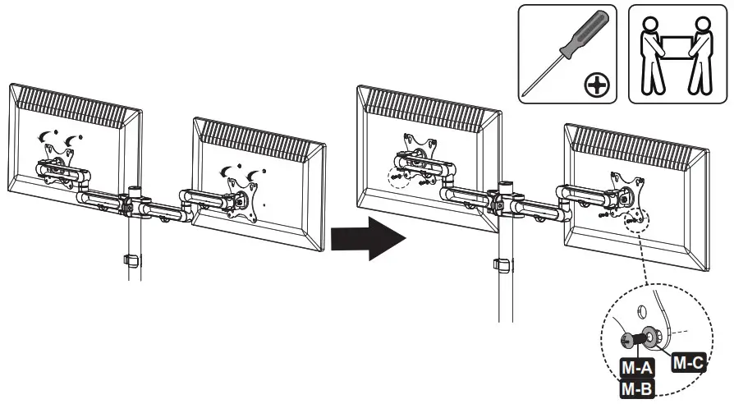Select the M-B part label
point(636,388)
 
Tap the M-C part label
point(689,362)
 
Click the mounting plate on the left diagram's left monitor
point(59,156)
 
